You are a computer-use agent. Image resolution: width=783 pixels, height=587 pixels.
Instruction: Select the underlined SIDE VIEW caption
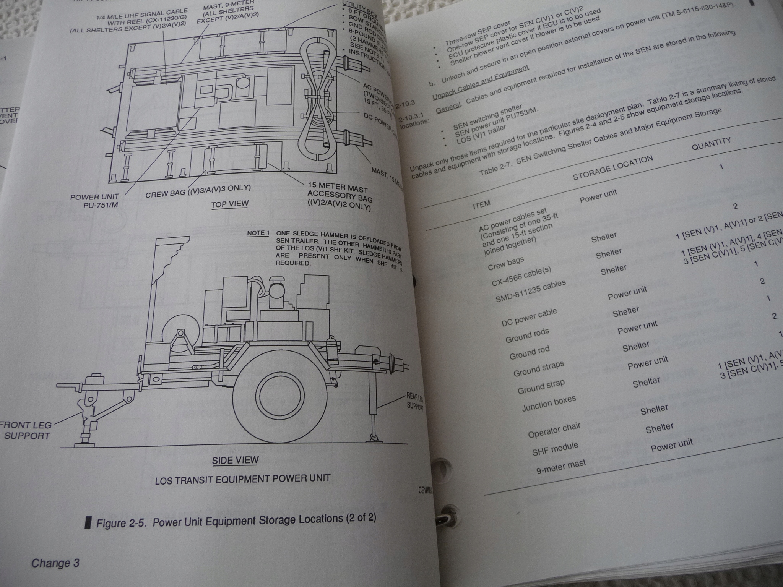tap(235, 460)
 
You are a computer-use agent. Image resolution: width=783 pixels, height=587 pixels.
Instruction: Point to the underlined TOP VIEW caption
tap(229, 204)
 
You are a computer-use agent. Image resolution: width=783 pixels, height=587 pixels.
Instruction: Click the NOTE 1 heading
tap(258, 233)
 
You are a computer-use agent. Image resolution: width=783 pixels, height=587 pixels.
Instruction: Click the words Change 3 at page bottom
tap(55, 563)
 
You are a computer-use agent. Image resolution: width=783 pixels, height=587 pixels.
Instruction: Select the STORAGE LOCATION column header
tap(612, 168)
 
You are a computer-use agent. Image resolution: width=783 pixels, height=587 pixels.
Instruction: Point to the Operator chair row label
tap(554, 430)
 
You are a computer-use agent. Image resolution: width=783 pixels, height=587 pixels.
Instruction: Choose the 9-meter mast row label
tap(561, 467)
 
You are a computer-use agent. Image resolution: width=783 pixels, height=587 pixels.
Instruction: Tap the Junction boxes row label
tap(549, 404)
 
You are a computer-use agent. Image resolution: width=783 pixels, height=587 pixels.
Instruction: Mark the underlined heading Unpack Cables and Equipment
tap(481, 83)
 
